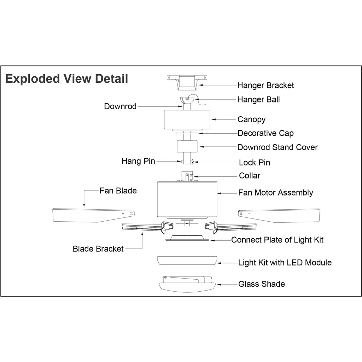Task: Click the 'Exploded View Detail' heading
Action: coord(67,78)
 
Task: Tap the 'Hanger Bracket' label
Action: coord(265,85)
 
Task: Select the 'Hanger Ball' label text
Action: coord(258,100)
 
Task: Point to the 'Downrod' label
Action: coord(120,106)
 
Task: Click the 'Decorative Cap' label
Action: coord(265,133)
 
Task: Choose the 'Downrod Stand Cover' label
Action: coord(278,147)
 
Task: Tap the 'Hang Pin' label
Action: coord(138,161)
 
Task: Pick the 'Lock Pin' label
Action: coord(255,163)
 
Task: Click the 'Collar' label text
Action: coord(250,176)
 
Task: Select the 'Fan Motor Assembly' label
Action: coord(276,193)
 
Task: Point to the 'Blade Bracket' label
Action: coord(98,249)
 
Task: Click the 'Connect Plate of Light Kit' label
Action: coord(277,240)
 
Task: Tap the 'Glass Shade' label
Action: coord(262,284)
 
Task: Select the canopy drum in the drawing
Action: coord(187,120)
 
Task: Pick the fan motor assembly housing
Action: coord(187,200)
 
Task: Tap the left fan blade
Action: coord(88,215)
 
